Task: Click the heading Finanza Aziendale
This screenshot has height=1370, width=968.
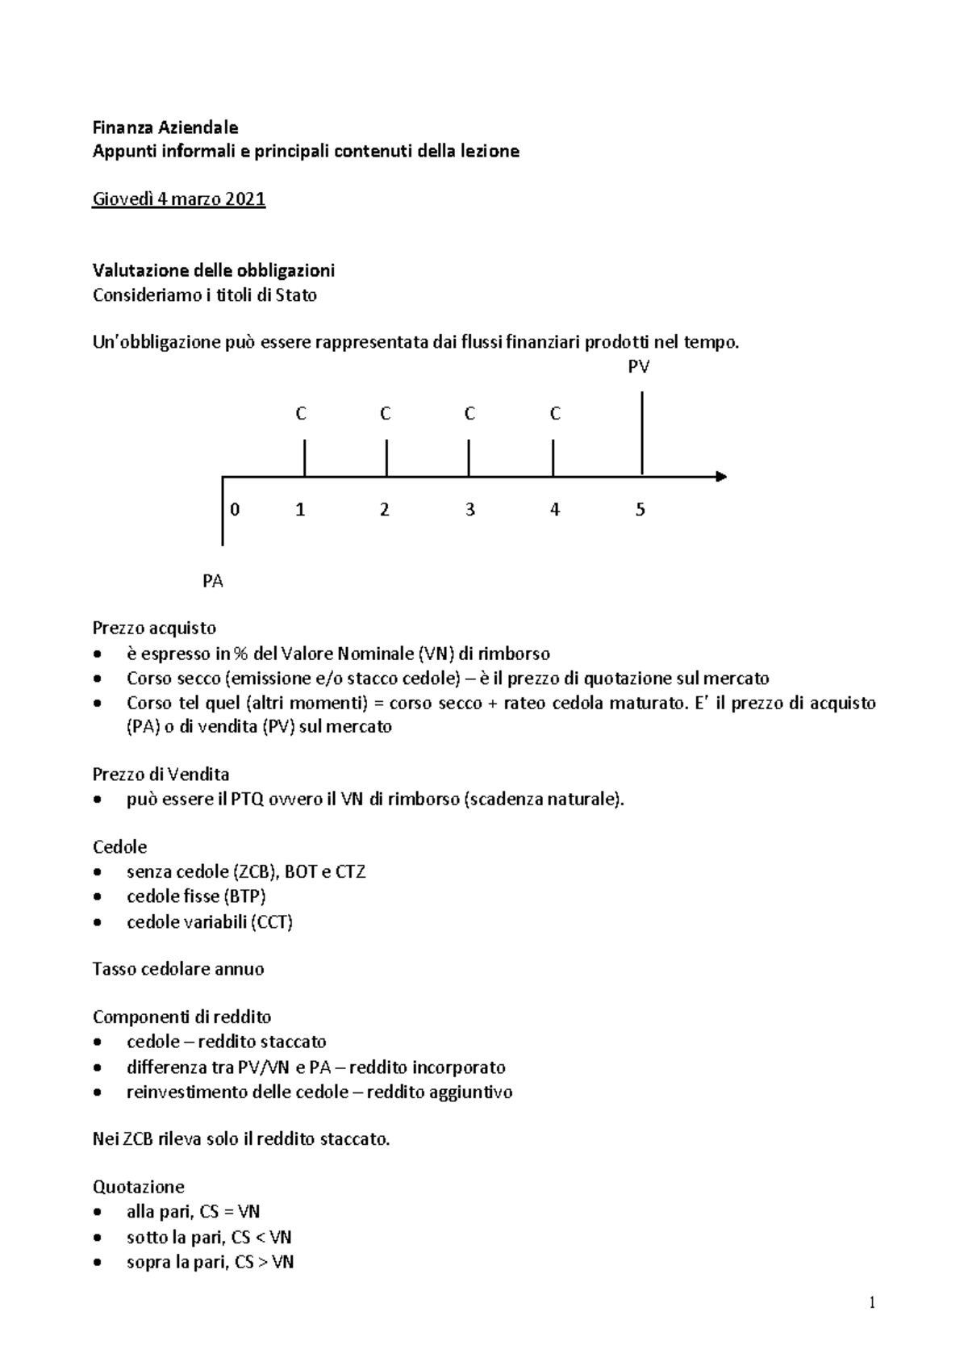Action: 165,127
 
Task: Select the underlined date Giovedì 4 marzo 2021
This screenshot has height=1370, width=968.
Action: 179,198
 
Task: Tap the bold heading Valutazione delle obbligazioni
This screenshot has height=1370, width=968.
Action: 214,269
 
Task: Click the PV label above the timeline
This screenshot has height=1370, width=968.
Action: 639,367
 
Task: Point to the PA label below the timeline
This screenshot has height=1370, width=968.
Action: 213,581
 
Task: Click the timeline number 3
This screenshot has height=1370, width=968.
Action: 469,510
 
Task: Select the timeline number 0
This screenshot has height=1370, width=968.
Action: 235,510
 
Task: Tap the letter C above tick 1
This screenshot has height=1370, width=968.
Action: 301,414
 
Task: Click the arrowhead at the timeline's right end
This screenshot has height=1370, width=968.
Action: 721,476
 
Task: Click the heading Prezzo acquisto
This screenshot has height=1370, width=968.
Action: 154,628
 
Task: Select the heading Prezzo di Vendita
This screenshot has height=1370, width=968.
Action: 161,775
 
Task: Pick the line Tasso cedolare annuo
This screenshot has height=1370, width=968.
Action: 178,969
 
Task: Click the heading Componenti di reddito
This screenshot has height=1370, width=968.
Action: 181,1017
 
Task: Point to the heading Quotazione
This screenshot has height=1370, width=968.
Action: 139,1187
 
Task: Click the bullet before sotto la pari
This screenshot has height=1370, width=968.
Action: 98,1238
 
